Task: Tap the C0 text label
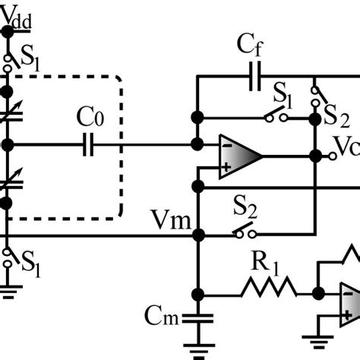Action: (89, 120)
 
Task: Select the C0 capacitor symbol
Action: (89, 144)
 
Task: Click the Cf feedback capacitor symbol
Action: (254, 77)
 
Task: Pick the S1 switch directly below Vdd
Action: (8, 60)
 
